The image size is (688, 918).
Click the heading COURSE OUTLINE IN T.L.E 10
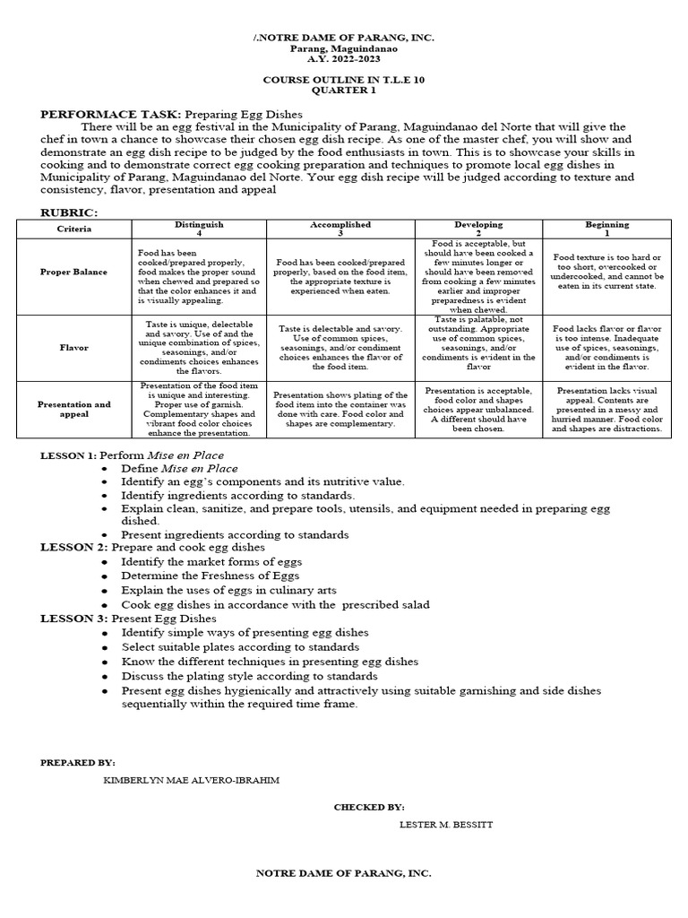(x=344, y=79)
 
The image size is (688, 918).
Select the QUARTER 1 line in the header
(x=343, y=91)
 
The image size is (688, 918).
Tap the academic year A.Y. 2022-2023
(x=343, y=57)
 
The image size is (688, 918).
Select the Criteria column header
(x=73, y=229)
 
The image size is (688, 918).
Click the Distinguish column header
(x=198, y=224)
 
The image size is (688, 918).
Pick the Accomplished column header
(x=340, y=224)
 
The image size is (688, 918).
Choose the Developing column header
(x=478, y=224)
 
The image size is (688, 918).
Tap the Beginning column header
(x=606, y=224)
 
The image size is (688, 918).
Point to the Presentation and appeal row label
(x=73, y=410)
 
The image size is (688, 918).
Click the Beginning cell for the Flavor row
(x=606, y=347)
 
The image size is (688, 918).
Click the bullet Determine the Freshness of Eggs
(x=211, y=576)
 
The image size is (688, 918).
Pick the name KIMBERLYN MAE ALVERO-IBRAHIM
(x=192, y=780)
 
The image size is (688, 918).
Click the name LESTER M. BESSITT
(x=445, y=824)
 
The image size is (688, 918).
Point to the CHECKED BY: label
(x=369, y=807)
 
